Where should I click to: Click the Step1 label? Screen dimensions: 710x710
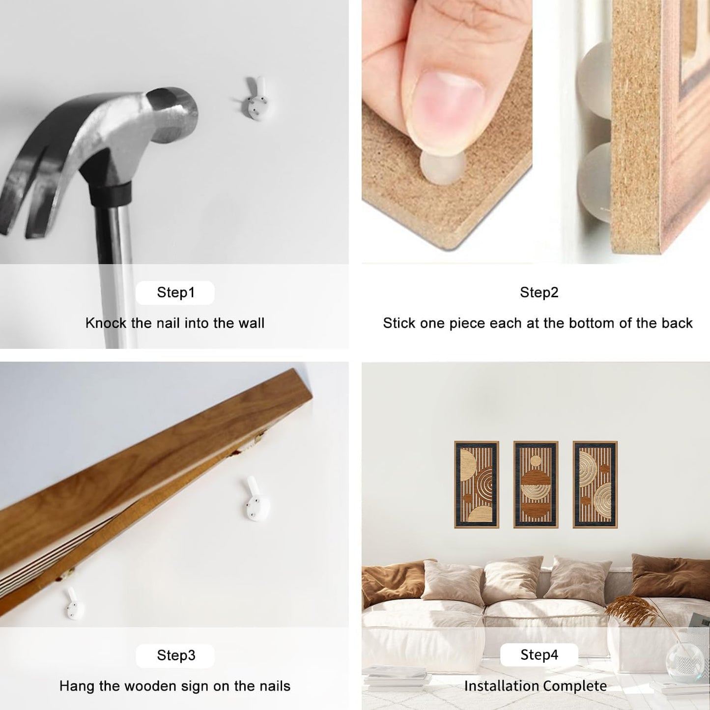pos(175,292)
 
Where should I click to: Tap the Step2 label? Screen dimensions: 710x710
pos(539,292)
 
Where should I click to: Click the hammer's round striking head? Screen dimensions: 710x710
pos(172,114)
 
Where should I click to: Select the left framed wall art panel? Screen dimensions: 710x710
pos(477,484)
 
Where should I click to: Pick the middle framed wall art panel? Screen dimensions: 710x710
pos(536,484)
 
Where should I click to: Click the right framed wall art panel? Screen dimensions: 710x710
pos(595,484)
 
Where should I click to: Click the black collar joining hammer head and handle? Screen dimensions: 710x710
pos(111,193)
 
